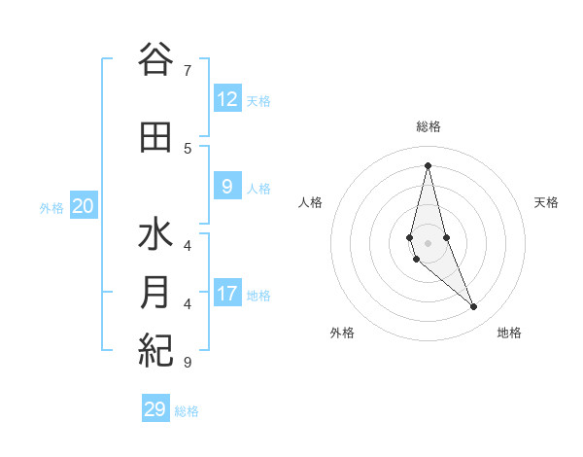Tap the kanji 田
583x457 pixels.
click(x=155, y=138)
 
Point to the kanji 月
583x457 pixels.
click(x=155, y=293)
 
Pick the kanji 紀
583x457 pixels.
click(x=155, y=349)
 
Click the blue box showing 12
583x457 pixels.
click(x=227, y=98)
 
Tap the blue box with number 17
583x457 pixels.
click(x=227, y=293)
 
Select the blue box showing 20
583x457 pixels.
click(x=84, y=205)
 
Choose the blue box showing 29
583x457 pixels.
click(x=155, y=409)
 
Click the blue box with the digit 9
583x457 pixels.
click(x=227, y=186)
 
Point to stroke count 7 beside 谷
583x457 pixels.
click(x=187, y=70)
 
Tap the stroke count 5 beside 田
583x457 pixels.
click(x=187, y=149)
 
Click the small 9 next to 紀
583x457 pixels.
click(x=187, y=362)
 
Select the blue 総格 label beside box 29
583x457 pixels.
click(x=187, y=411)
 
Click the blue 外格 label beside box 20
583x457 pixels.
click(x=51, y=207)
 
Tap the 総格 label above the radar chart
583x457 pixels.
click(x=428, y=126)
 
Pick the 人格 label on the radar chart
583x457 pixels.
click(x=310, y=202)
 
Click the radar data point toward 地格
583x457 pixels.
click(x=473, y=307)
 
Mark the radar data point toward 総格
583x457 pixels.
click(x=428, y=165)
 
